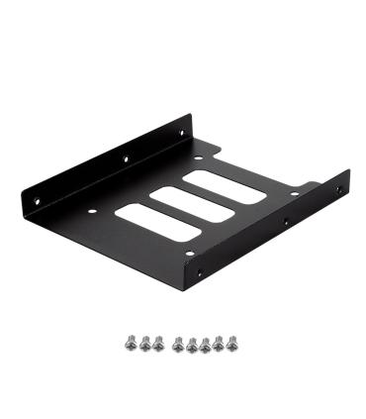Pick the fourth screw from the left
click(x=176, y=344)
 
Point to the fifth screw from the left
click(x=191, y=344)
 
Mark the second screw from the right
click(x=219, y=344)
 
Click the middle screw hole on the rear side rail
click(x=126, y=155)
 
